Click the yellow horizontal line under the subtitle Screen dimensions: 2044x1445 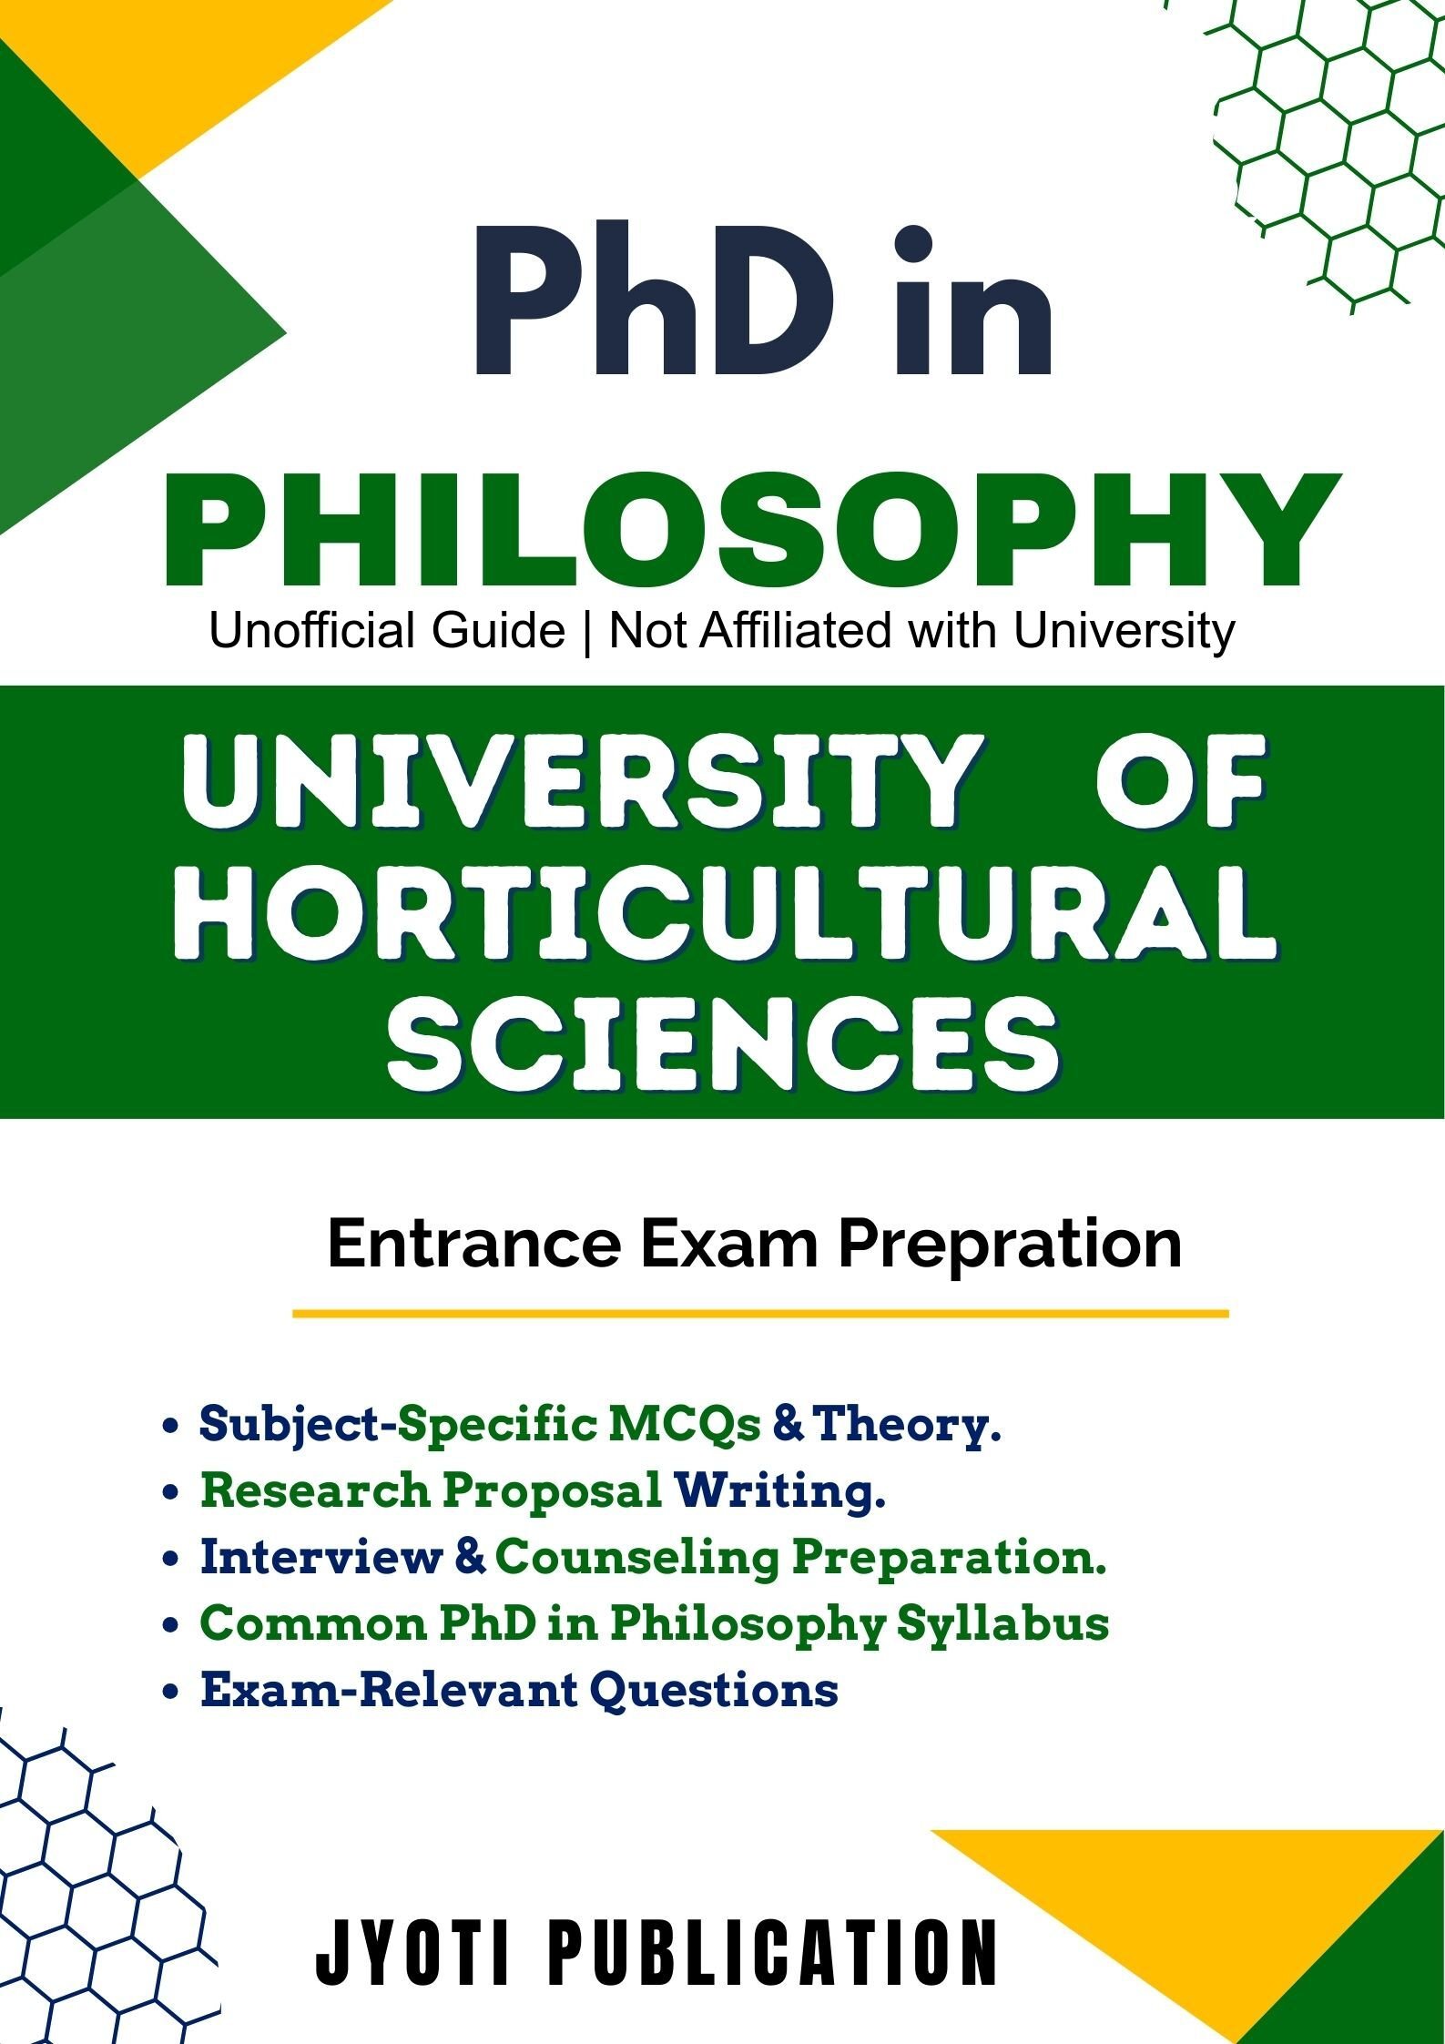pyautogui.click(x=760, y=1314)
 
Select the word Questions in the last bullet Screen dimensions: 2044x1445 pyautogui.click(x=714, y=1690)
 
